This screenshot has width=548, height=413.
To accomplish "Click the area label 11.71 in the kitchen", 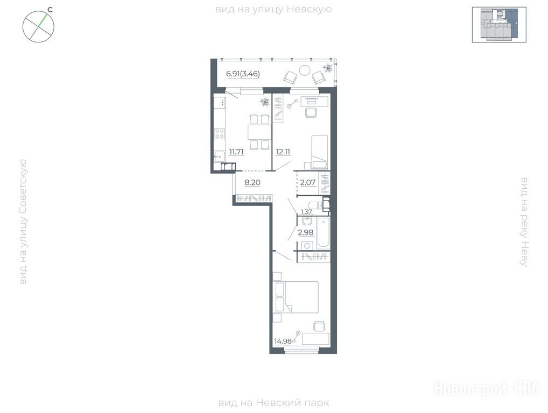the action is click(x=236, y=152).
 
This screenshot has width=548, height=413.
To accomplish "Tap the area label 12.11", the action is click(x=283, y=152).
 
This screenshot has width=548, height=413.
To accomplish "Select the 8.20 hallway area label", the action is click(x=252, y=182).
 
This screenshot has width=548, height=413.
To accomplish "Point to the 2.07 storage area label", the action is click(x=308, y=182).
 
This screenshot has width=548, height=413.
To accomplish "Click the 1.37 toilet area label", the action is click(x=306, y=211).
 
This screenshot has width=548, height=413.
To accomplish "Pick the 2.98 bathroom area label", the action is click(x=305, y=232).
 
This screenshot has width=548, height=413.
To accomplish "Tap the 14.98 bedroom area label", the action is click(x=283, y=341).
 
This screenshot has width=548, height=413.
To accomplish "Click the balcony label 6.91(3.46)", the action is click(x=243, y=74).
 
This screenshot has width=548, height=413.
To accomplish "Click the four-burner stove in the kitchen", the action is click(x=220, y=133).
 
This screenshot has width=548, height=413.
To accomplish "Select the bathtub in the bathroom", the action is click(x=324, y=233).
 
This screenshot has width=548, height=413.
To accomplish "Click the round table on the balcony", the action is click(x=305, y=70).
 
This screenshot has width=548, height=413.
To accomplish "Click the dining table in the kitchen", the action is click(x=258, y=132).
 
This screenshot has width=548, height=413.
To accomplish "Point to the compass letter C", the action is click(x=50, y=10).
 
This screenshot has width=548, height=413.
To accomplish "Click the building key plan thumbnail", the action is click(x=499, y=24).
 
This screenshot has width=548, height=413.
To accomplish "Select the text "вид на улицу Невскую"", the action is click(x=273, y=9).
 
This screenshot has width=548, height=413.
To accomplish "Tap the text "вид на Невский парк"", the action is click(x=273, y=403).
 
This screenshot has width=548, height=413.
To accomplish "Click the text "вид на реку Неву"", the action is click(x=524, y=222).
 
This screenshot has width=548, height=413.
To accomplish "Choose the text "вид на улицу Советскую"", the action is click(x=23, y=222).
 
